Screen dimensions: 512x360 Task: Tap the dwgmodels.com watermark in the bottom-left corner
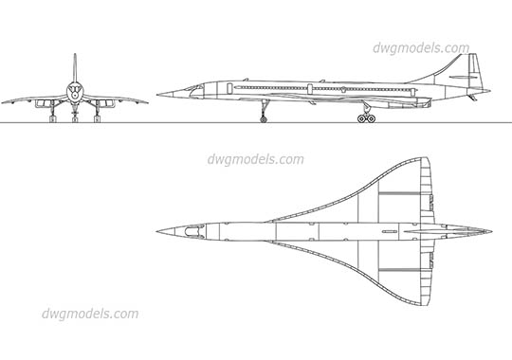(91, 314)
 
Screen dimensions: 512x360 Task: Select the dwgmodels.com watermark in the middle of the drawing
(255, 158)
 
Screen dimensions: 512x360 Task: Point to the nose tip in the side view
(157, 93)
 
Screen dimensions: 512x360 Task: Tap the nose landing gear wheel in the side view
(263, 118)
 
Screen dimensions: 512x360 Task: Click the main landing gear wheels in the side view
(365, 118)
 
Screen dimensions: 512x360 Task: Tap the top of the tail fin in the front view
(75, 57)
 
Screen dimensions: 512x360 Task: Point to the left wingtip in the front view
(4, 100)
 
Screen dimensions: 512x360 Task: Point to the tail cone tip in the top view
(490, 228)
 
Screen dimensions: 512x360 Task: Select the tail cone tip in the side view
(491, 93)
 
